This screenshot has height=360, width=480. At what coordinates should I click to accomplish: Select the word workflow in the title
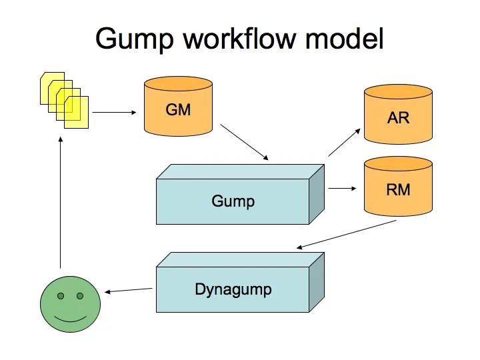pos(241,38)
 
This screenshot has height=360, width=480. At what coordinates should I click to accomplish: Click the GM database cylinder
pos(178,109)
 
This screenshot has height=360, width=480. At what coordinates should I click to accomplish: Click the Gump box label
pos(233,201)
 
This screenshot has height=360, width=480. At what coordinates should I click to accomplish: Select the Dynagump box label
pos(233,289)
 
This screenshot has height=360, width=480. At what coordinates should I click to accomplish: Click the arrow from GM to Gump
pos(244,142)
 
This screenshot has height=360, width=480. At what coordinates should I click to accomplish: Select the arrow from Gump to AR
pos(344,143)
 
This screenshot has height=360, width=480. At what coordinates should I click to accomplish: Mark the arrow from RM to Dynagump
pos(347,235)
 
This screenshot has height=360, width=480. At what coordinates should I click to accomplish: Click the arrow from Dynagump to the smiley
pos(129,290)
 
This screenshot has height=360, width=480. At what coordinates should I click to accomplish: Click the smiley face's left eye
pos(60,295)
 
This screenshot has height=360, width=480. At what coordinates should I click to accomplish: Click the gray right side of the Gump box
pos(317,194)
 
